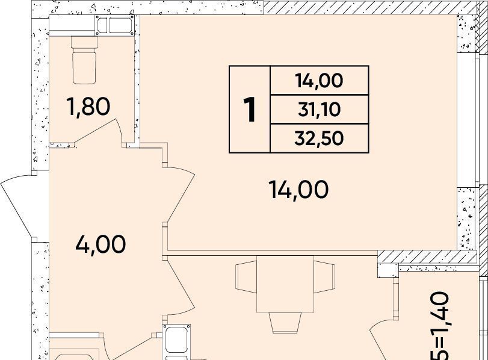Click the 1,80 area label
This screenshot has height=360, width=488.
pos(88,106)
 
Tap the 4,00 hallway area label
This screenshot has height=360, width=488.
pos(100,244)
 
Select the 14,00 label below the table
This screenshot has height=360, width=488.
pos(298,190)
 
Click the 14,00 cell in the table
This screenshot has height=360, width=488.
pos(320,80)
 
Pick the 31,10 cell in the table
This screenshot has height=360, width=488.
pos(320,110)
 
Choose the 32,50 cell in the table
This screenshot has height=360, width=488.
pos(320,138)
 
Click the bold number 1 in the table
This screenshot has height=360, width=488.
pos(250,110)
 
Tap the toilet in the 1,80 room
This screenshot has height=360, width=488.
pos(84,60)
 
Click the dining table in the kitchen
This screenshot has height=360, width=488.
pos(285,284)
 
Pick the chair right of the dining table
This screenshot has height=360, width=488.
pos(324,277)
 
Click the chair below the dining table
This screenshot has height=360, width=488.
pos(285,323)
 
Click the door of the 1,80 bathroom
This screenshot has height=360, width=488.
pos(98,132)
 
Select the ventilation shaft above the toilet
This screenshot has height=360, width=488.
pos(115,25)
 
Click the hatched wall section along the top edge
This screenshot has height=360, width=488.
pos(370,7)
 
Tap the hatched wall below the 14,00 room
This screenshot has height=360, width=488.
pos(427,256)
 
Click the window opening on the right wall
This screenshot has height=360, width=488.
pos(468,120)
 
